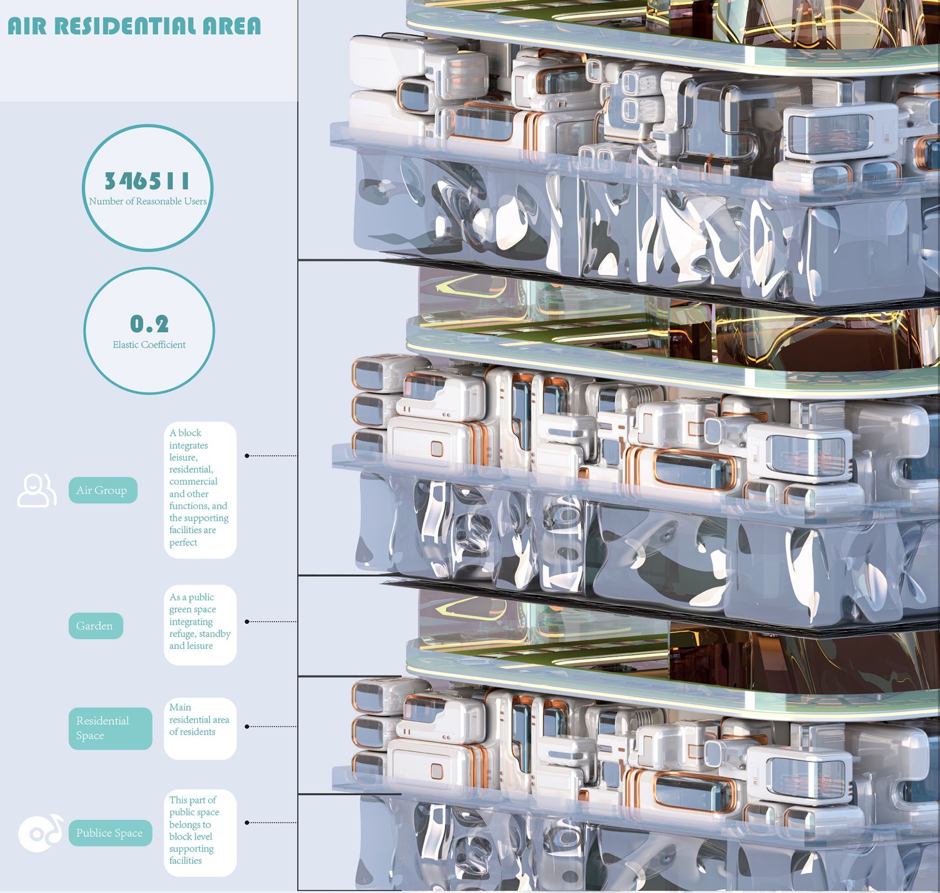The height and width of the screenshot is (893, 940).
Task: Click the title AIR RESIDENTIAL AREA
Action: [x=134, y=26]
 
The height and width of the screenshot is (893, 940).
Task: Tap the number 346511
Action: [x=147, y=181]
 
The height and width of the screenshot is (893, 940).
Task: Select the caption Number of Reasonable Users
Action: [x=147, y=201]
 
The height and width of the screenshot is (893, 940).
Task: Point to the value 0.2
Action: [x=149, y=324]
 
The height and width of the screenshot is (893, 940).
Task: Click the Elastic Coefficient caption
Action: [x=149, y=344]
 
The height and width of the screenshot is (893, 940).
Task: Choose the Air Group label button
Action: [x=103, y=490]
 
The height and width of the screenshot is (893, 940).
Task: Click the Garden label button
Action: [x=96, y=626]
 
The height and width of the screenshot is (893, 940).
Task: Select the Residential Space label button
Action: [x=110, y=728]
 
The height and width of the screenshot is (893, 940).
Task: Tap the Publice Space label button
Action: [x=110, y=833]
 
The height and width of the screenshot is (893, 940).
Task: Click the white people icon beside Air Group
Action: [x=37, y=490]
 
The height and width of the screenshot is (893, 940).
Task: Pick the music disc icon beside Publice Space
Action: [x=41, y=833]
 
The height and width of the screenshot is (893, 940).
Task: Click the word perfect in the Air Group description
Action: [x=183, y=543]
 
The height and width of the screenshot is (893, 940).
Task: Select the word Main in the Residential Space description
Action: [x=180, y=707]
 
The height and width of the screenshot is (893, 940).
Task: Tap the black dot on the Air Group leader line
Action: [x=247, y=456]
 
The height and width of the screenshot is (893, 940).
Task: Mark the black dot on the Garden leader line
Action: [x=247, y=621]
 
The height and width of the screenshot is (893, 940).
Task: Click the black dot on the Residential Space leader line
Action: [x=247, y=727]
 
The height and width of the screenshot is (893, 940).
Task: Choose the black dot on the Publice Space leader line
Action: [x=247, y=823]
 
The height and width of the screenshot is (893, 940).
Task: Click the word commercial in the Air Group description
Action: [x=193, y=482]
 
